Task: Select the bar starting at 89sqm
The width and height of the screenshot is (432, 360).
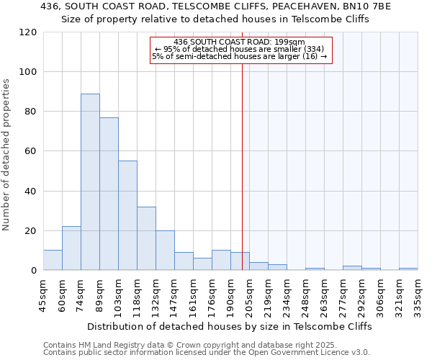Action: pos(109,194)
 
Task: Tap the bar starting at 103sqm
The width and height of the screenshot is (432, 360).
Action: pos(127,215)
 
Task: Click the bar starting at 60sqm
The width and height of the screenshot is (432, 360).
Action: pos(71,248)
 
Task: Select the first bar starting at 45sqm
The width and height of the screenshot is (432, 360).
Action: pos(53,260)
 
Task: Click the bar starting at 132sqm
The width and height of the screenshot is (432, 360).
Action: pos(165,251)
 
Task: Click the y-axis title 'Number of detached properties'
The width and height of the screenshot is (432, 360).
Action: pos(6,155)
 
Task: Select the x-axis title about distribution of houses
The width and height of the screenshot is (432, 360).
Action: pos(230,326)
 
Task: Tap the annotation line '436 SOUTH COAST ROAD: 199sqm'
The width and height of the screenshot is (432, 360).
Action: pos(240,42)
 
